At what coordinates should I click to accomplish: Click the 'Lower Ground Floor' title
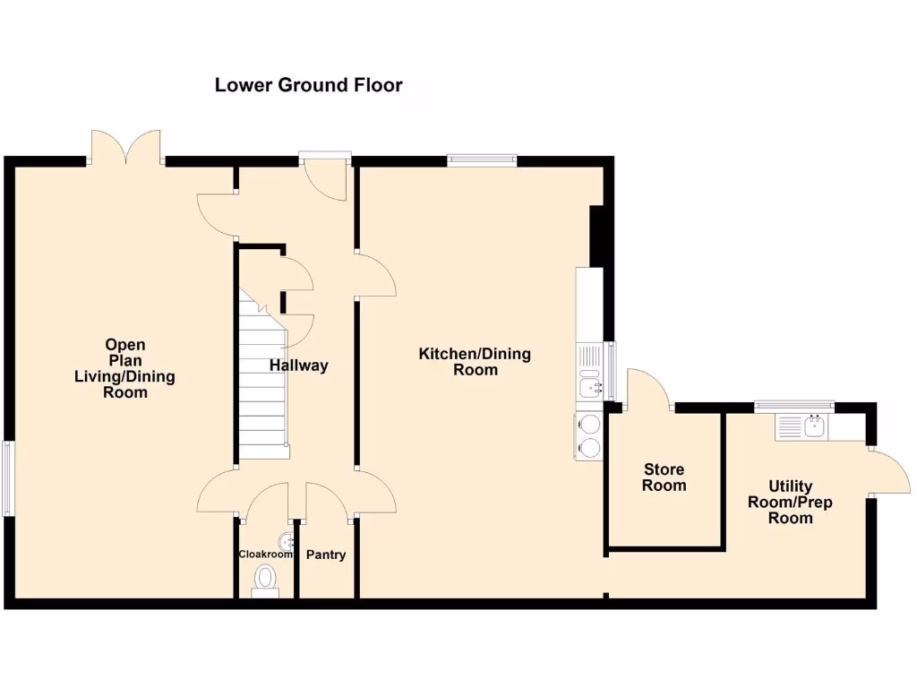pos(308,85)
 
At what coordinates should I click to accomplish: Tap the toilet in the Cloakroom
pos(266,579)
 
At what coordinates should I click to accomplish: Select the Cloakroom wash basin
pos(286,541)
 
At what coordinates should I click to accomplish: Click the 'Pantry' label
pos(326,555)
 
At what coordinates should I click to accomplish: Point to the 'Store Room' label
pos(664,477)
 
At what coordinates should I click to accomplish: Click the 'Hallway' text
pos(299,365)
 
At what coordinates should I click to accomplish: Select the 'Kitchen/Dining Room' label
pos(475,361)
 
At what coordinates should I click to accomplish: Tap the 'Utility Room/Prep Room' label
pos(790,503)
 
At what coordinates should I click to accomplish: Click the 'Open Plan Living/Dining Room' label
pos(124,368)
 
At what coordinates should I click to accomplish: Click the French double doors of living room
pos(126,148)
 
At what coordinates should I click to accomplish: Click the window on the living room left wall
pos(8,478)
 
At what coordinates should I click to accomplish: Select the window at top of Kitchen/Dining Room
pos(483,160)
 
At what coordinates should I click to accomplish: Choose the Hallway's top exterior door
pos(325,177)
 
